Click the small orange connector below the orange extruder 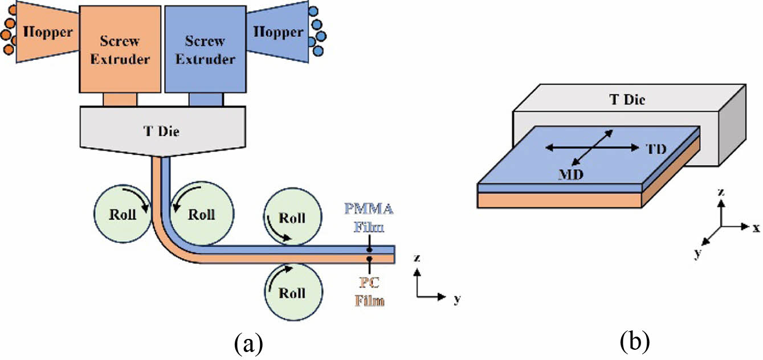(120, 100)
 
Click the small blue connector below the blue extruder (206, 100)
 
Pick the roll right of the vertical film (201, 215)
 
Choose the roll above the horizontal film (292, 218)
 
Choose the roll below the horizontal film (292, 293)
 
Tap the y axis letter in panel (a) (456, 298)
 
